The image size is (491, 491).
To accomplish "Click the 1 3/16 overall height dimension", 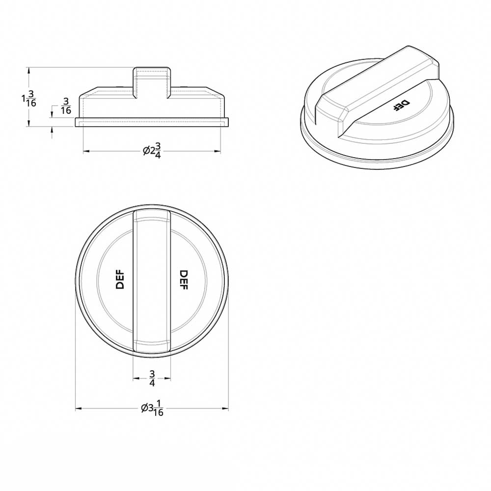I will pyautogui.click(x=29, y=98).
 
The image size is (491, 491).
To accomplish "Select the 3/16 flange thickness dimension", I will pyautogui.click(x=65, y=106).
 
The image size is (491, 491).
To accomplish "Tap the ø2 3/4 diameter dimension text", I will pyautogui.click(x=153, y=151).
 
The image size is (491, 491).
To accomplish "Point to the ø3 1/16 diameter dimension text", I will pyautogui.click(x=152, y=408).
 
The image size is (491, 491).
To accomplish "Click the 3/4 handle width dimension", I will pyautogui.click(x=152, y=379).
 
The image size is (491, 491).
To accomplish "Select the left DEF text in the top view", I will pyautogui.click(x=120, y=279).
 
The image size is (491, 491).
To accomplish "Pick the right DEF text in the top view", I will pyautogui.click(x=184, y=279).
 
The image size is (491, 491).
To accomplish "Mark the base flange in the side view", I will pyautogui.click(x=152, y=122).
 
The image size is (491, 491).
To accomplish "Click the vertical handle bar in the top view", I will pyautogui.click(x=152, y=280).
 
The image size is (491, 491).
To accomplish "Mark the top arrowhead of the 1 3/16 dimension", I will pyautogui.click(x=29, y=70).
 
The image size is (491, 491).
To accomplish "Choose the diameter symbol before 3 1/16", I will pyautogui.click(x=144, y=408).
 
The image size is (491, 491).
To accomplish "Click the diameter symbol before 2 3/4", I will pyautogui.click(x=146, y=151).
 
